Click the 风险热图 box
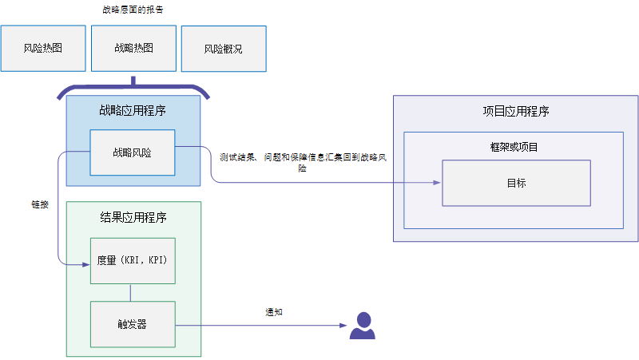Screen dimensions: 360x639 pyautogui.click(x=42, y=48)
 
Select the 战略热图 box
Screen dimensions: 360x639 pyautogui.click(x=133, y=48)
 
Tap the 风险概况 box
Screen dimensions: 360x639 pyautogui.click(x=224, y=49)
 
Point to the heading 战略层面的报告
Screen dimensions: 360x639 pyautogui.click(x=133, y=10)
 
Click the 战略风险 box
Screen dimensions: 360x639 pyautogui.click(x=132, y=152)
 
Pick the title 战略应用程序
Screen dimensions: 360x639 pyautogui.click(x=133, y=111)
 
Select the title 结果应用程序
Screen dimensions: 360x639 pyautogui.click(x=133, y=217)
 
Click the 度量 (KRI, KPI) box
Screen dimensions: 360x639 pyautogui.click(x=132, y=260)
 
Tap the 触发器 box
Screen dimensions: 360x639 pyautogui.click(x=132, y=323)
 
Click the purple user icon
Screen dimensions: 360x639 pyautogui.click(x=362, y=325)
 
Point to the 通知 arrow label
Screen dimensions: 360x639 pyautogui.click(x=273, y=312)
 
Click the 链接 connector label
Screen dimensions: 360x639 pyautogui.click(x=39, y=204)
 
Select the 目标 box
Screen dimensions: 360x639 pyautogui.click(x=516, y=183)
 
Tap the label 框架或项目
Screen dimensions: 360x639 pyautogui.click(x=514, y=147)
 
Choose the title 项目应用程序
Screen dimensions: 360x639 pyautogui.click(x=516, y=112)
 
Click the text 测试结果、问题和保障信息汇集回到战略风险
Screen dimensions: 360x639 pyautogui.click(x=303, y=162)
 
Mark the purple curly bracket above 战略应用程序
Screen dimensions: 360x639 pyautogui.click(x=133, y=86)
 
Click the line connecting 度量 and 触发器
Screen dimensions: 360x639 pyautogui.click(x=132, y=292)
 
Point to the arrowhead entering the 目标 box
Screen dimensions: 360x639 pyautogui.click(x=437, y=183)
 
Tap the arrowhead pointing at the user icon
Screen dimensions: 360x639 pyautogui.click(x=343, y=325)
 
